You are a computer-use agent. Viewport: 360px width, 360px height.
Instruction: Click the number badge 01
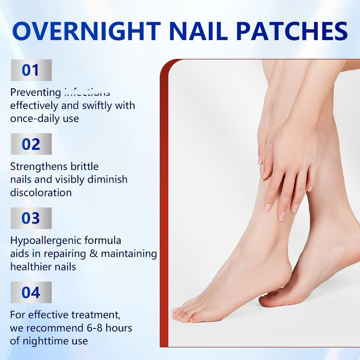31,70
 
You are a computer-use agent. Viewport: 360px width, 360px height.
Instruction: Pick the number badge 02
31,144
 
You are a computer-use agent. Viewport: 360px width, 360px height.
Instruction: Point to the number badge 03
31,218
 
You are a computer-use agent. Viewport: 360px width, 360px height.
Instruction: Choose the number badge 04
31,292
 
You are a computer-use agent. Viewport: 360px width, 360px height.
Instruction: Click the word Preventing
36,93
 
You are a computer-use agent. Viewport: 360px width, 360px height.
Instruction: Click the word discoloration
41,193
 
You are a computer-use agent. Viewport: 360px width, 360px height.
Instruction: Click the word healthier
30,267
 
